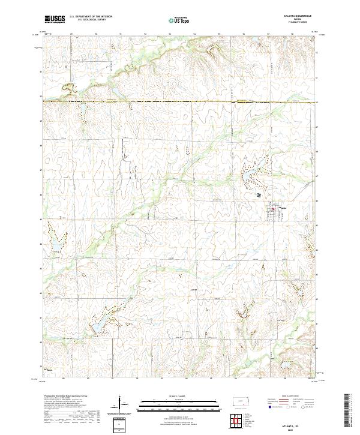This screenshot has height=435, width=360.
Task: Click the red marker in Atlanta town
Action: tap(278, 209)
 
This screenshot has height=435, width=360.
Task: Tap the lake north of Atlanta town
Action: tap(247, 175)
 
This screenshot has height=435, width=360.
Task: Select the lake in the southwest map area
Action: tap(96, 326)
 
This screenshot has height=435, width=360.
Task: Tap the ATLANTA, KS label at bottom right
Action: tap(282, 424)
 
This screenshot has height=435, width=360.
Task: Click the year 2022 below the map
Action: tap(282, 428)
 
